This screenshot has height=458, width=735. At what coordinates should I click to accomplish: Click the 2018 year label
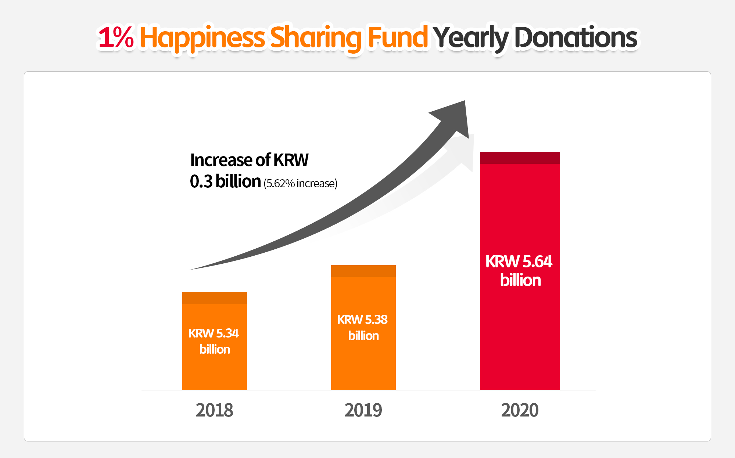[x=214, y=410]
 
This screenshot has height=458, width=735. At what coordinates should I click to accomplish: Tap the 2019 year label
[x=363, y=410]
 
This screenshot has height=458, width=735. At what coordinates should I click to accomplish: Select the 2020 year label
[x=520, y=410]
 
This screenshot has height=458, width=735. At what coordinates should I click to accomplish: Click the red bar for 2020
[x=520, y=331]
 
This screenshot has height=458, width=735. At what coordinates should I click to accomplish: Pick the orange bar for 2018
[x=214, y=371]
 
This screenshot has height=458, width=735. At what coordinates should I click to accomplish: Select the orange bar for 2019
[x=363, y=367]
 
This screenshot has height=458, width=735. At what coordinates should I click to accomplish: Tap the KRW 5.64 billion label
[x=519, y=271]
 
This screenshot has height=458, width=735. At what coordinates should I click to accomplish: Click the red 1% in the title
[x=116, y=37]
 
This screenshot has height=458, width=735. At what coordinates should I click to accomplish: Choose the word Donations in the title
[x=576, y=37]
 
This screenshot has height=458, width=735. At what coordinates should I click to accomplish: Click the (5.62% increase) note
[x=300, y=183]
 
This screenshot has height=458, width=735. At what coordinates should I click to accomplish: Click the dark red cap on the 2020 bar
[x=520, y=158]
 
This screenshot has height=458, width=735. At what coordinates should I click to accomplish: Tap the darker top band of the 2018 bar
[x=214, y=298]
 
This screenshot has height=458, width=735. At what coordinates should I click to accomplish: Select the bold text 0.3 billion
[x=225, y=181]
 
